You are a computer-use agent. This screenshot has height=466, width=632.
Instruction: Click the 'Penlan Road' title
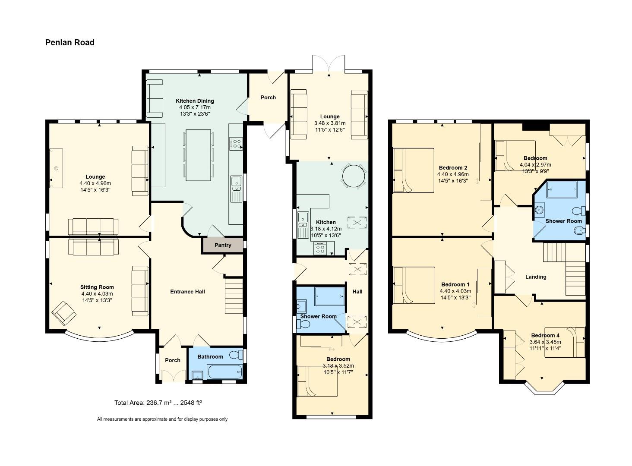[70, 42]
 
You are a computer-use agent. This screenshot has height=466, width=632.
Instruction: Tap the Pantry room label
[223, 245]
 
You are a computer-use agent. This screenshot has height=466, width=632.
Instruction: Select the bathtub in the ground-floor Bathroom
[224, 372]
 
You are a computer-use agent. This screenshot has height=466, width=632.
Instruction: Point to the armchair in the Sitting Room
[63, 312]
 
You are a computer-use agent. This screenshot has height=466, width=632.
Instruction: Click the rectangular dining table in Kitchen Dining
[198, 155]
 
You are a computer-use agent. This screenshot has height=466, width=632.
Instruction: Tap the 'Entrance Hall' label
[187, 292]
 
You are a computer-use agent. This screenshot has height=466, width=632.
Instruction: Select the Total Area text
[158, 403]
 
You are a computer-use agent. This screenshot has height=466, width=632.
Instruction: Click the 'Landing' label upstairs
[536, 277]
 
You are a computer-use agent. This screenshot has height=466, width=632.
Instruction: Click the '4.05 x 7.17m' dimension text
[195, 107]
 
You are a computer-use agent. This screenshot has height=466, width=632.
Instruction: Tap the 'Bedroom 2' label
[453, 168]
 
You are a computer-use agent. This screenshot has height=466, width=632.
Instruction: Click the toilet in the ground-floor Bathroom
[236, 355]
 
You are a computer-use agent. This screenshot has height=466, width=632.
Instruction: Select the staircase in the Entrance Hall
[234, 296]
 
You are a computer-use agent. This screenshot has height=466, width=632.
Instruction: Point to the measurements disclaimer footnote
[162, 419]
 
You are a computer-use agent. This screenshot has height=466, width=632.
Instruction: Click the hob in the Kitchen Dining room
[236, 143]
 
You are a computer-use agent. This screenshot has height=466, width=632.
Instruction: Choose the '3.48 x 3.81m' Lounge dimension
[330, 123]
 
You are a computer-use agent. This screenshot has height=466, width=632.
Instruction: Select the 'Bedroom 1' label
[455, 285]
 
